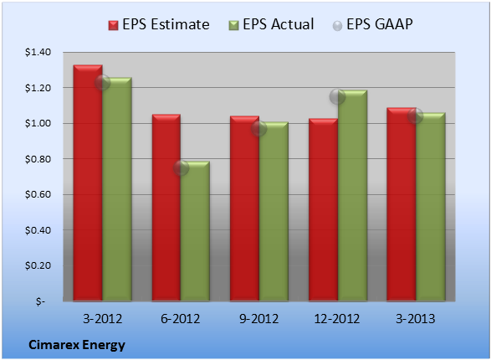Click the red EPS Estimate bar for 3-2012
point(88,183)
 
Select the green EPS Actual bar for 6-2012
point(195,231)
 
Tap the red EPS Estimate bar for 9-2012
point(244,208)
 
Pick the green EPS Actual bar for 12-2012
point(353,196)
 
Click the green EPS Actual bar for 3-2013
point(431,207)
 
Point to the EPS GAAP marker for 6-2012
point(181,168)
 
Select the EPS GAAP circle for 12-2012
point(337,96)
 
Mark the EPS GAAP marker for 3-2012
point(102,82)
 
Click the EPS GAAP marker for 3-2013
point(416,116)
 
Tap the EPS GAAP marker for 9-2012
point(259,128)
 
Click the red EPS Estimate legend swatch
point(114,25)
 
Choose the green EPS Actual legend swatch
point(233,25)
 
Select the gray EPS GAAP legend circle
point(337,26)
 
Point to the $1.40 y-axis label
point(38,52)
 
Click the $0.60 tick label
point(38,194)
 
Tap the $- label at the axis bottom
point(40,301)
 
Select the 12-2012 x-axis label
point(337,319)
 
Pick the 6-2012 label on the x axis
point(181,319)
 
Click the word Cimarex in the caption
point(51,345)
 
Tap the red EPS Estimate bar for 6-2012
point(166,208)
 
